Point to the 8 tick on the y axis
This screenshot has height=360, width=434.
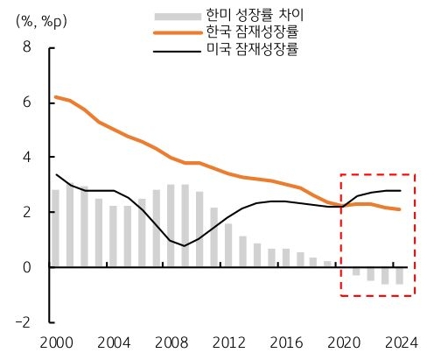point(27,47)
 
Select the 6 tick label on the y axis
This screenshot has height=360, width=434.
point(27,102)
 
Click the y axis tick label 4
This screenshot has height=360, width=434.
point(27,157)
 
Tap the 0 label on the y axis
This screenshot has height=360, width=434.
point(27,267)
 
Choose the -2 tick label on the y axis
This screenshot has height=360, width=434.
point(24,321)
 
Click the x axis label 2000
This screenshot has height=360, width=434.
point(55,342)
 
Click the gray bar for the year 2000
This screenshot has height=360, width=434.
point(55,228)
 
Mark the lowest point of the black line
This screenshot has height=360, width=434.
point(184,246)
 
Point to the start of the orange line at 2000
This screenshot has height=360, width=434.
point(55,97)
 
